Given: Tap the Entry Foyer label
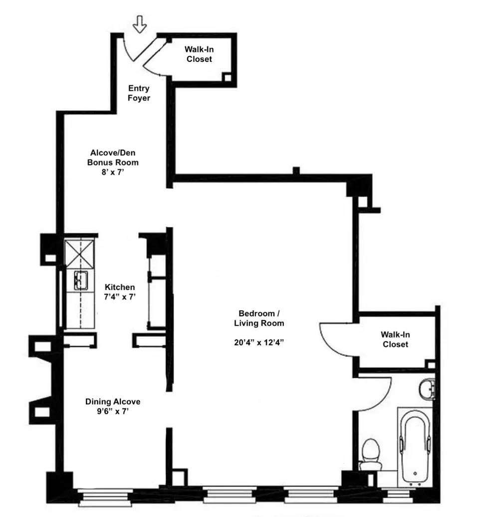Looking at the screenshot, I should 138,93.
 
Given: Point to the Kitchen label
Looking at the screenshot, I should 119,287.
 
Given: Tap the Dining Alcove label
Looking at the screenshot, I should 113,402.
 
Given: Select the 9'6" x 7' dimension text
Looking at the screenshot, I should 113,412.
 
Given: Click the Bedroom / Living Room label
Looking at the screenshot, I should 259,318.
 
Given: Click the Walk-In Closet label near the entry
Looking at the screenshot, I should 199,54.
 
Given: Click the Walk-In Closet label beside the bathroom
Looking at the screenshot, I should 395,339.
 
